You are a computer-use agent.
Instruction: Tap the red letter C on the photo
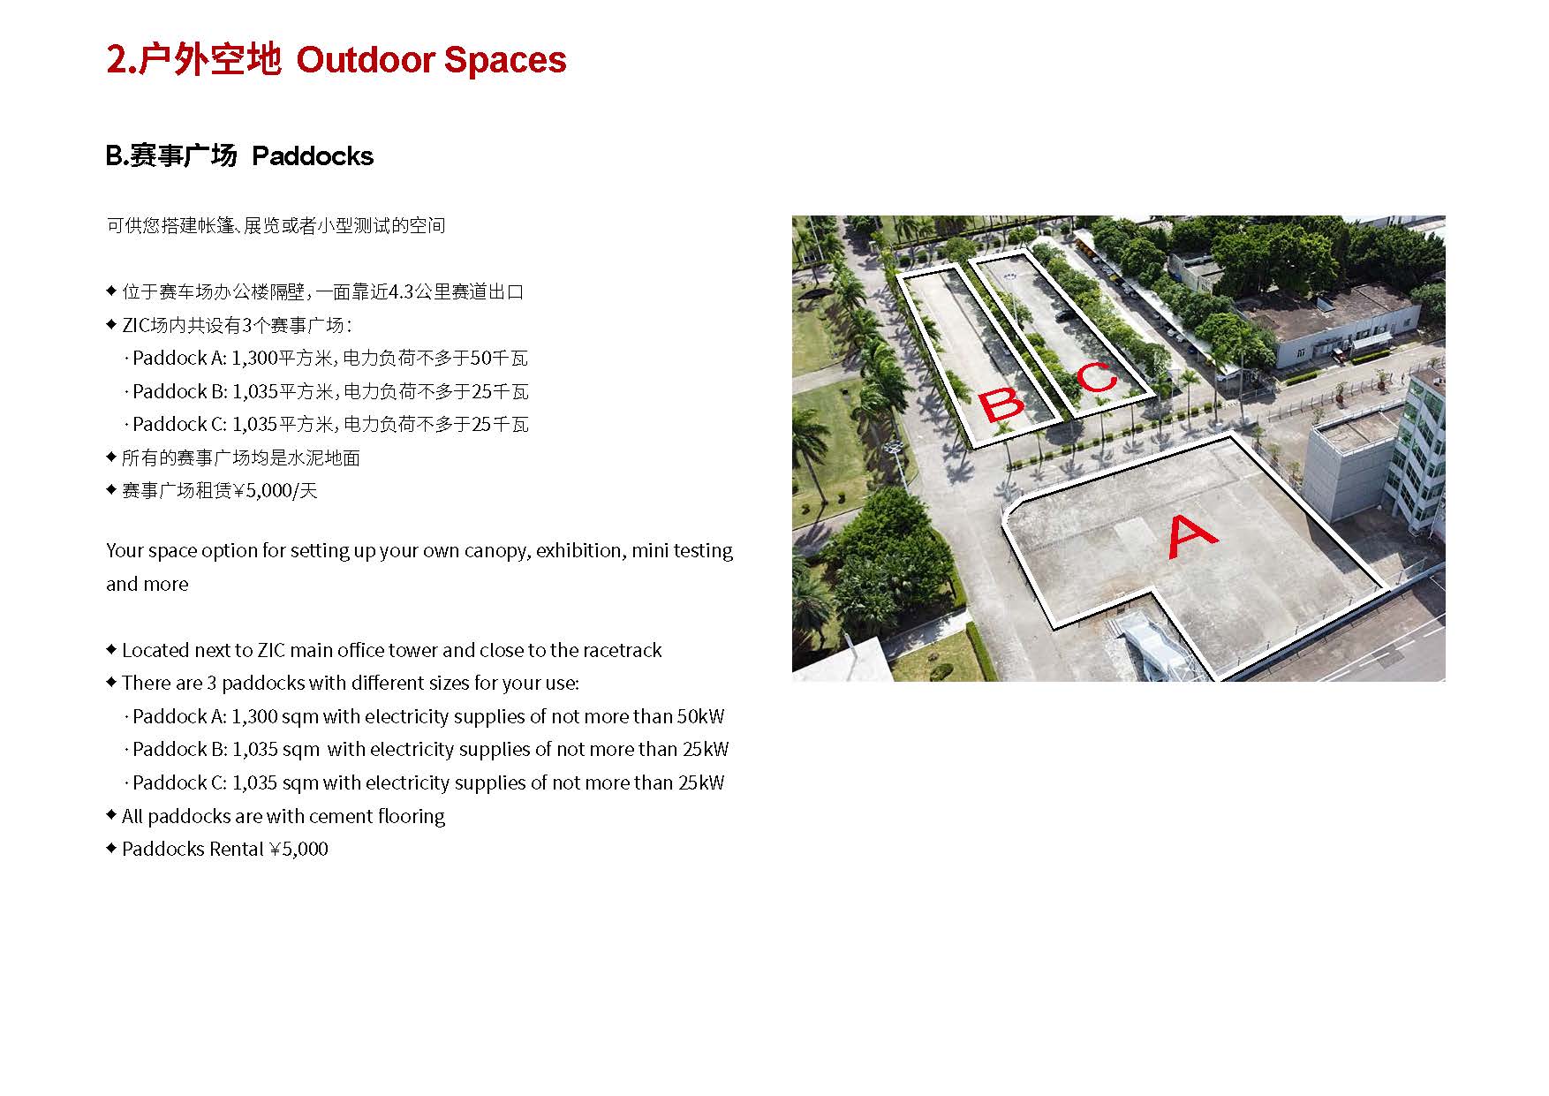1098,378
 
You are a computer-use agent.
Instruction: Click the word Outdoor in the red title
366,60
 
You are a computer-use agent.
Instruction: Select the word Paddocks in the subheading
313,156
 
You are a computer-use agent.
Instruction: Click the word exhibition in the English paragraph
580,550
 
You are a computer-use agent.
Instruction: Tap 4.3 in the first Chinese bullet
401,291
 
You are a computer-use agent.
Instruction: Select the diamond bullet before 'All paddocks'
111,813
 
